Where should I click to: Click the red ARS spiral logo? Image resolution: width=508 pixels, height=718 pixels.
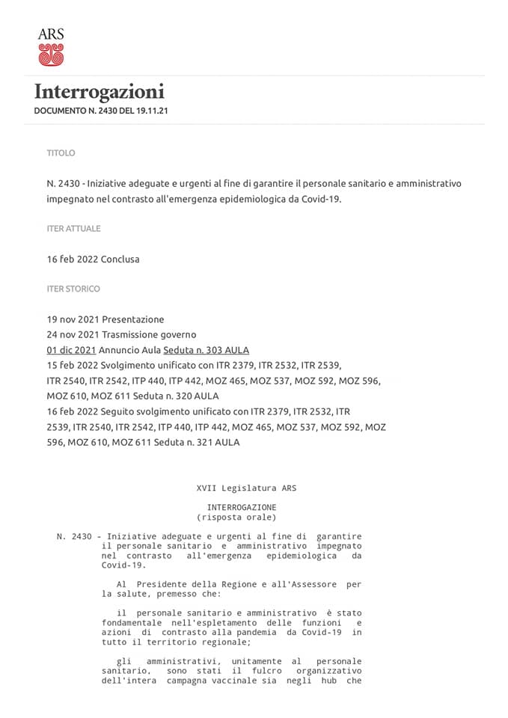(51, 54)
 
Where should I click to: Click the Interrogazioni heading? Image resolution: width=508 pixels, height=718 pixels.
(100, 92)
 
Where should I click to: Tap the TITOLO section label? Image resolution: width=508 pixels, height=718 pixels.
(61, 153)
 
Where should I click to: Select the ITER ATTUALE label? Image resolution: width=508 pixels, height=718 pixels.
(73, 229)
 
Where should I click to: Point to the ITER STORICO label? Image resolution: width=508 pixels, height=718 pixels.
(73, 289)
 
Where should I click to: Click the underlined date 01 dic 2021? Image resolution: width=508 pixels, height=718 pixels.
(71, 350)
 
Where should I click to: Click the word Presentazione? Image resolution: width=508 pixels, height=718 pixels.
(133, 319)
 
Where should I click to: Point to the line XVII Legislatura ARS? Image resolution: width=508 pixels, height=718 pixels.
(246, 488)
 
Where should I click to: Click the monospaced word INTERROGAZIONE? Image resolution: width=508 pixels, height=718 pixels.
(241, 507)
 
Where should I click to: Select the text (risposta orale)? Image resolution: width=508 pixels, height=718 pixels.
(236, 517)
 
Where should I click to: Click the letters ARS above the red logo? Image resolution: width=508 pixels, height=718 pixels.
(51, 34)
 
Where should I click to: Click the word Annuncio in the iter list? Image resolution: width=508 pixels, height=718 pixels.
(120, 350)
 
